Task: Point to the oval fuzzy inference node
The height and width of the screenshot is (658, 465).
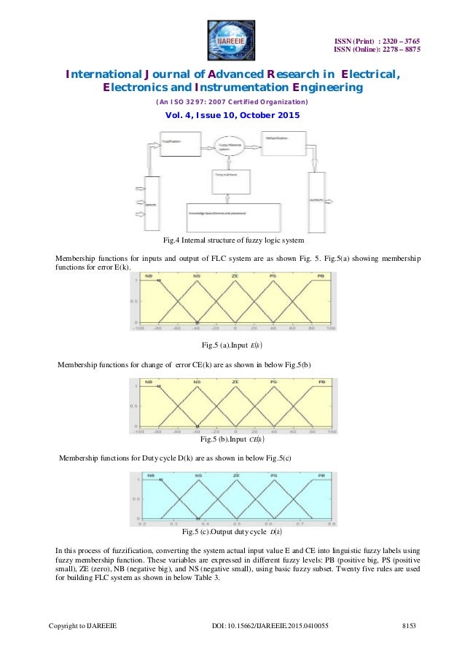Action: tap(229, 147)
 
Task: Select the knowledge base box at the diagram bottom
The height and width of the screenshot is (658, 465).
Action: tap(232, 215)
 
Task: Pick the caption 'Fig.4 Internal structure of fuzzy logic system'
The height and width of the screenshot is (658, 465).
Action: tap(232, 240)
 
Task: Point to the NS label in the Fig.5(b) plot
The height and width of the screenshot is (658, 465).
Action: tap(198, 382)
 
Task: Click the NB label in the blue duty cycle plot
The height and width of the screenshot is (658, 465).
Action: tap(152, 477)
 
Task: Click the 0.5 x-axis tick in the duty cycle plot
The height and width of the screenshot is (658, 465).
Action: tap(237, 523)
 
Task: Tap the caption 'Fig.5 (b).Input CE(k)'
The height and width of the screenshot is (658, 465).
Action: tap(232, 439)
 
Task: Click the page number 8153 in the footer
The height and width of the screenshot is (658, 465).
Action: tap(413, 627)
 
